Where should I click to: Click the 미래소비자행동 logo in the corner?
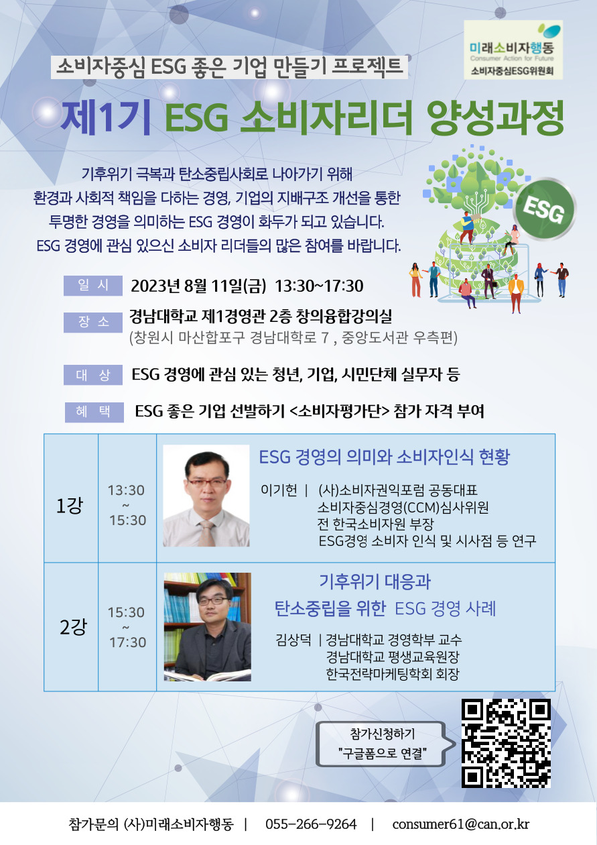pos(513,50)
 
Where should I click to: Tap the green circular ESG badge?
pos(545,209)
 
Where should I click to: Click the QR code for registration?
pos(506,743)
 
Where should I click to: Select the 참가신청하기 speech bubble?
pos(385,744)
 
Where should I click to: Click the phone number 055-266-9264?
pos(311,824)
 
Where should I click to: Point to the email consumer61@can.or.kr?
pos(460,824)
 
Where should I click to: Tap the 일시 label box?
pos(93,285)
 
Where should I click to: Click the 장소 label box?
pos(93,323)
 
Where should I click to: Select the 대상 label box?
pos(93,375)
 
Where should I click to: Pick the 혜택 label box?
pos(94,412)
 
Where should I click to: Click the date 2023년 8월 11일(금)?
pos(198,286)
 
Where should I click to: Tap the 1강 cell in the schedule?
pos(71,498)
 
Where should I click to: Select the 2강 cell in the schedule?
pos(71,627)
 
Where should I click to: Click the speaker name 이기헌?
pos(279,490)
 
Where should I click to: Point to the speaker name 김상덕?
pos(293,640)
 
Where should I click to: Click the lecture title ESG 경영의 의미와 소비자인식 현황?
pos(384,457)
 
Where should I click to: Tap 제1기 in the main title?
pos(106,117)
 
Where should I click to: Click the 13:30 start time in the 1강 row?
pos(126,490)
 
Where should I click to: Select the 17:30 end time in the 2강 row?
pos(127,642)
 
